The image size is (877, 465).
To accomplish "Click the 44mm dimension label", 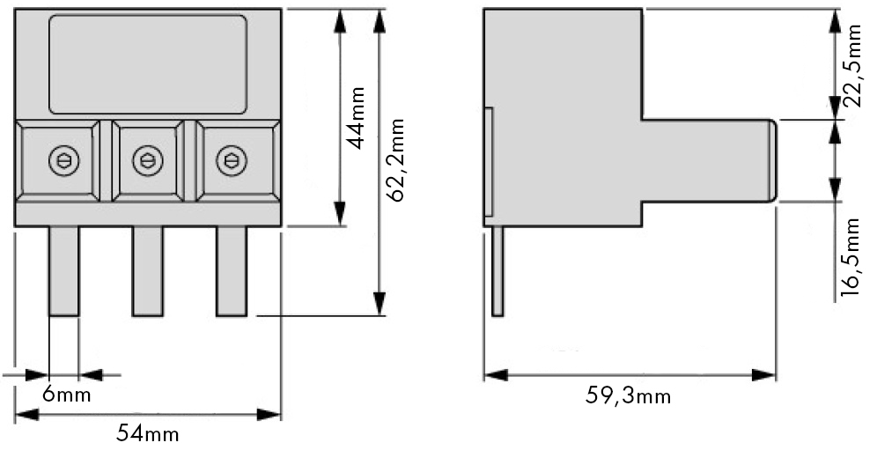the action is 357,118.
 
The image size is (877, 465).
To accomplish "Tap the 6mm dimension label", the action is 67,395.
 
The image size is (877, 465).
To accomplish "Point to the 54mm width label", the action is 148,433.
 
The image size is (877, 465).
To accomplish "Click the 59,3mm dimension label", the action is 628,396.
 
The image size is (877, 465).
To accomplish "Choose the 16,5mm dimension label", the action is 851,257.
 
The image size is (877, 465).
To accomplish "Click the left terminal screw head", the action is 63,161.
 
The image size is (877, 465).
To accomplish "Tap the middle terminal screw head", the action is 148,161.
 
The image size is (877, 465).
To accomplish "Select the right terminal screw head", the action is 232,161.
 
